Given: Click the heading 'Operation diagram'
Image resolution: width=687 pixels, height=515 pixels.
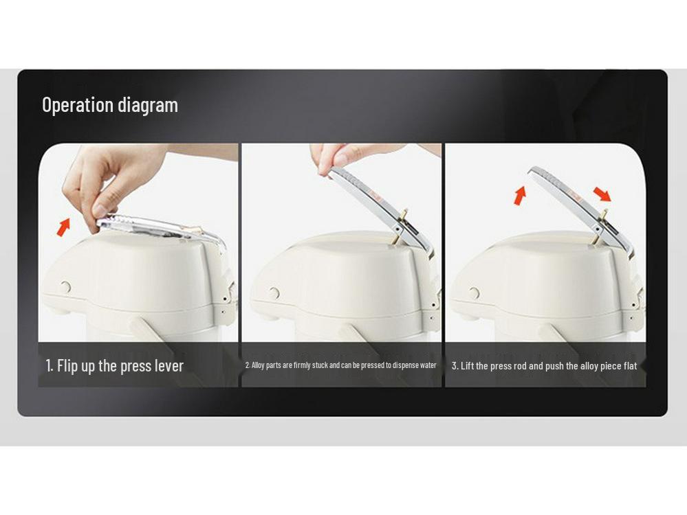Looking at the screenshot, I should point(110,105).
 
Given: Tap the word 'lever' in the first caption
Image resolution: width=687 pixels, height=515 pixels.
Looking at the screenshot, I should point(168,366).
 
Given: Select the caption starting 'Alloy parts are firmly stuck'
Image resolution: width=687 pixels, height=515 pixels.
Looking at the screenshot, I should point(341,365).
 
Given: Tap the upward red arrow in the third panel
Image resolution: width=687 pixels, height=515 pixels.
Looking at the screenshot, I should point(520,196).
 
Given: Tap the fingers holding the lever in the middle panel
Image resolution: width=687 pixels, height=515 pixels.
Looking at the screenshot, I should point(337,157).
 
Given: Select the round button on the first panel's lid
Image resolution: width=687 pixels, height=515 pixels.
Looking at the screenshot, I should point(66,287).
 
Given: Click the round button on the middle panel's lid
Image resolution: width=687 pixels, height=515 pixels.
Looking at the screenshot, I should point(274,293).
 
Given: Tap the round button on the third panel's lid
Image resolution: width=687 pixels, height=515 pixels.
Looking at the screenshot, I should point(474,293).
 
